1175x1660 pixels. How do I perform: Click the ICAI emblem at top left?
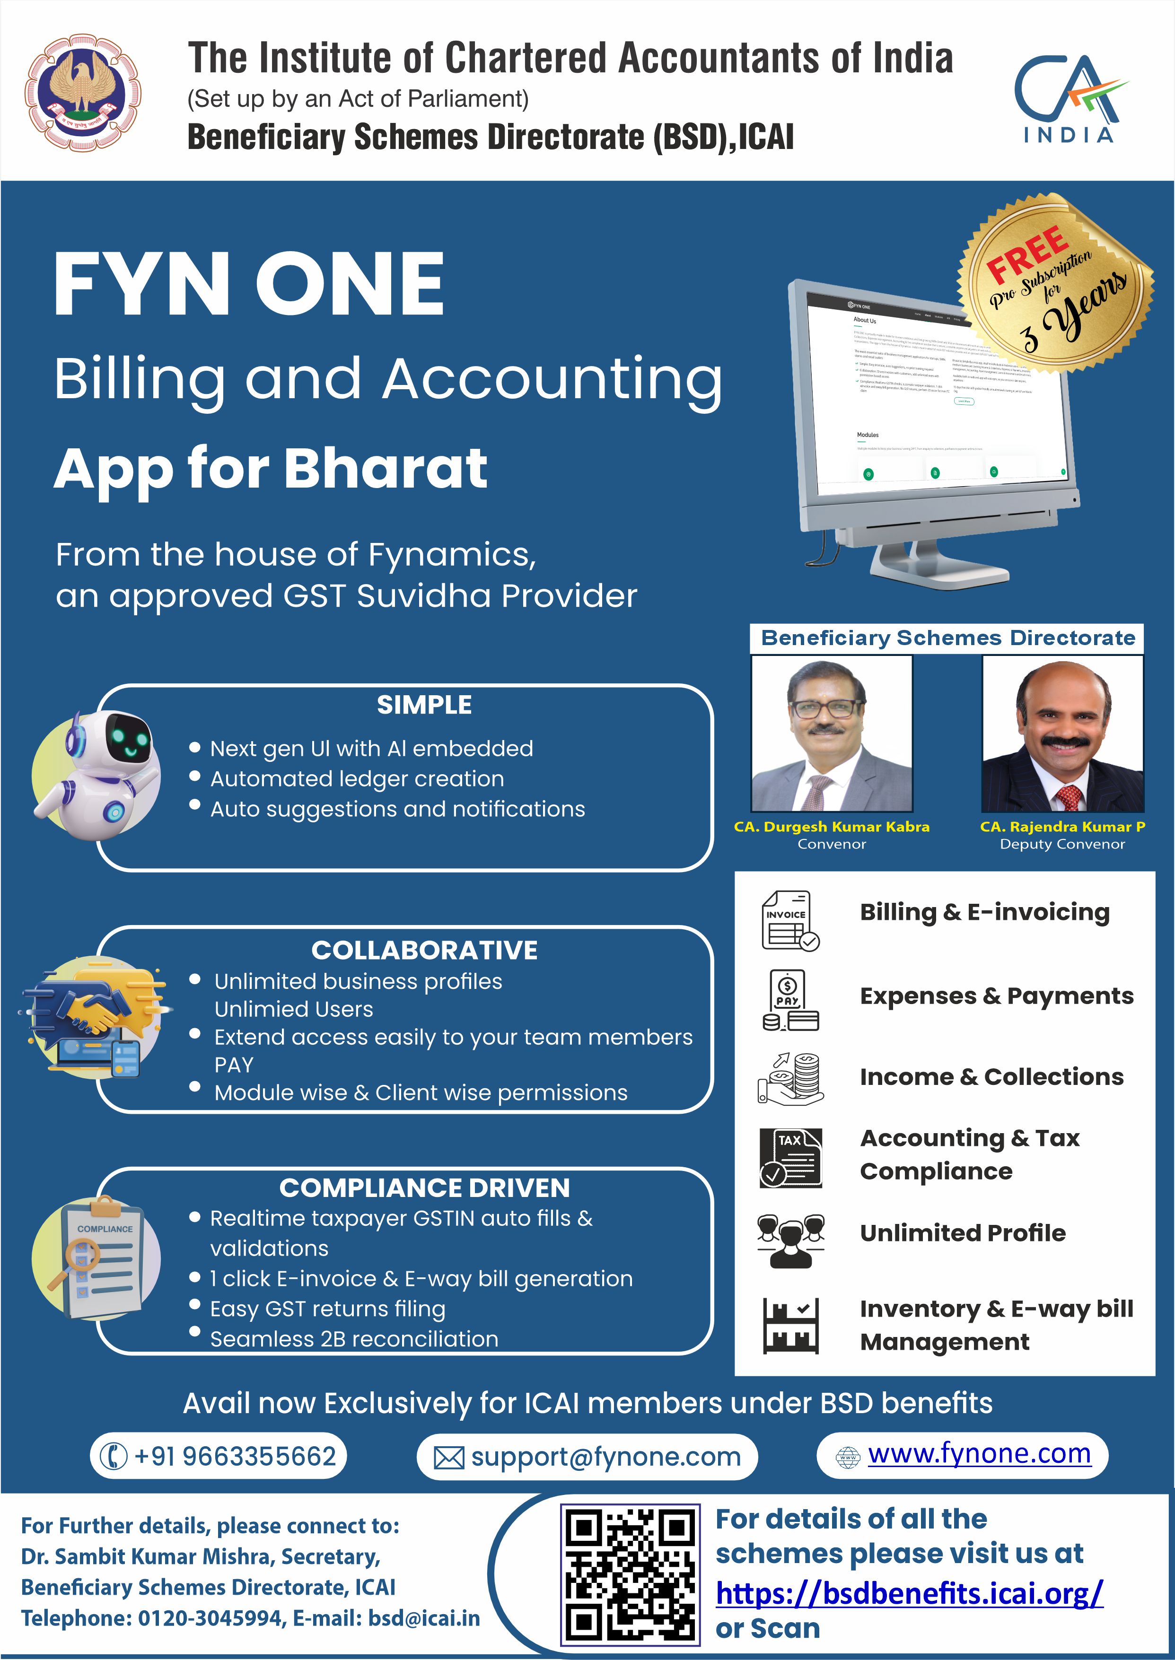point(83,94)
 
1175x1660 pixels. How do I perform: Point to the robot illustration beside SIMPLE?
point(97,774)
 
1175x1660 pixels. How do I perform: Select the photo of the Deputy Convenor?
point(1062,734)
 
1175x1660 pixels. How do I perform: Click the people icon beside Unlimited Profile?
point(790,1240)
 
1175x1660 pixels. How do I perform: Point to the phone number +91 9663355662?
point(235,1456)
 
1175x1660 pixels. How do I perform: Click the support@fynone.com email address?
point(605,1457)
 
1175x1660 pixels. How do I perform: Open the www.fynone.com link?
point(979,1453)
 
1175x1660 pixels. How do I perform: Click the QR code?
point(630,1573)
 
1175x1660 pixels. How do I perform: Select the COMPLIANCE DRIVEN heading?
point(425,1188)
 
